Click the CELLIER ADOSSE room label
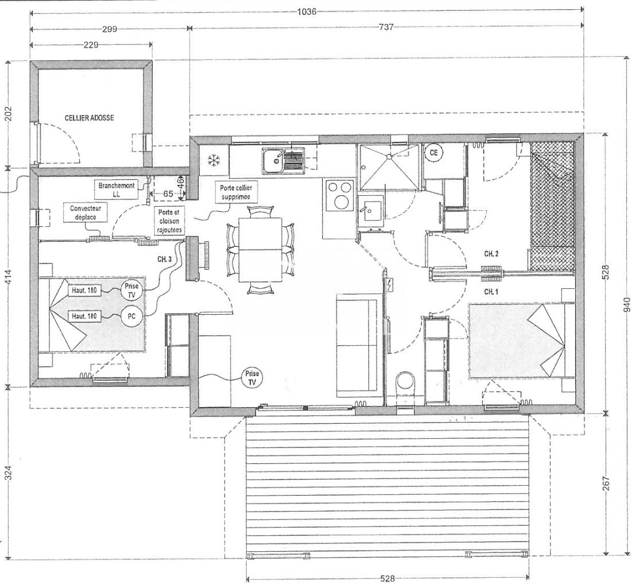[x=90, y=118]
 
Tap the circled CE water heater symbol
[x=434, y=153]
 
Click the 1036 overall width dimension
[x=307, y=11]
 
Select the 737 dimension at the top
[x=386, y=28]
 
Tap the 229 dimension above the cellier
[x=91, y=45]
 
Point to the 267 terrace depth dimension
[x=606, y=483]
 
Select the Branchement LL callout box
[x=117, y=189]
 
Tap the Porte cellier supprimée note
[x=235, y=192]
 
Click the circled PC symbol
[x=131, y=316]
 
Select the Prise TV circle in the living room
[x=252, y=378]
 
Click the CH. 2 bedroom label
[x=491, y=254]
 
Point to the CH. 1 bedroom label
[x=491, y=291]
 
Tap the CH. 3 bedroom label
[x=164, y=260]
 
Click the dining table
[x=260, y=250]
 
